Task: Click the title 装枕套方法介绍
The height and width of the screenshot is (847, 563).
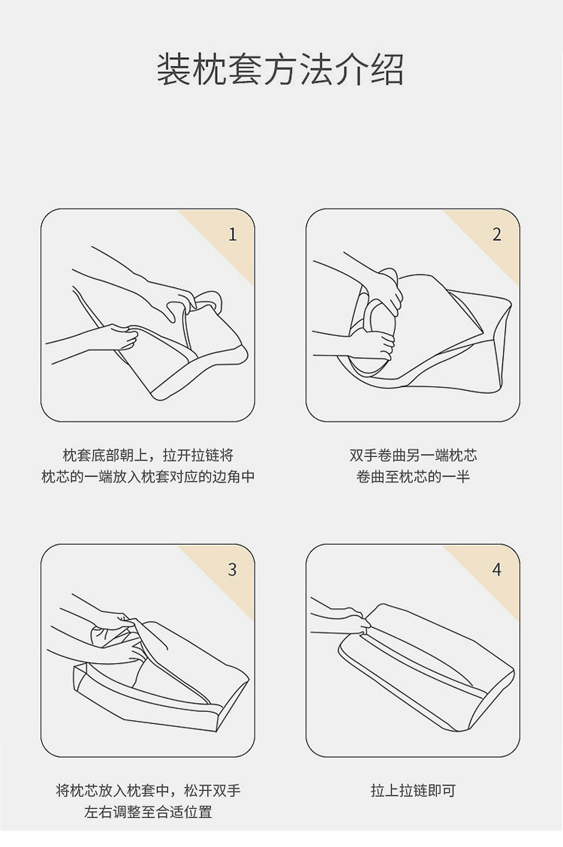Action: (x=281, y=70)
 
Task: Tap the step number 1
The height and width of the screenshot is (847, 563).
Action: (x=233, y=234)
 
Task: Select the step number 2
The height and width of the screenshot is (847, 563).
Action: (x=497, y=234)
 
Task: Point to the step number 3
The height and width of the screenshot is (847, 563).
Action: (x=233, y=570)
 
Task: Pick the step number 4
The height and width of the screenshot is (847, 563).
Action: (x=497, y=570)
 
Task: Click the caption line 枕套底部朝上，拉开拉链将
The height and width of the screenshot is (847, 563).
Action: (x=148, y=455)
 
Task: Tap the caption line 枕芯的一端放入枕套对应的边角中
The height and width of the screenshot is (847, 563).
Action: (x=148, y=477)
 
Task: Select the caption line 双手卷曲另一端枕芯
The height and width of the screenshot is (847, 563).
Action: (x=414, y=455)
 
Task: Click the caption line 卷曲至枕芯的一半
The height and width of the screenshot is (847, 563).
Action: (x=414, y=477)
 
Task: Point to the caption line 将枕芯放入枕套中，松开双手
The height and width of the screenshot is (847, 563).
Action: (x=148, y=791)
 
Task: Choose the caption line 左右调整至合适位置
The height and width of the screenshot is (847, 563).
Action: (x=148, y=812)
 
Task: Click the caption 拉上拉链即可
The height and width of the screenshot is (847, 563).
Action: (x=414, y=791)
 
